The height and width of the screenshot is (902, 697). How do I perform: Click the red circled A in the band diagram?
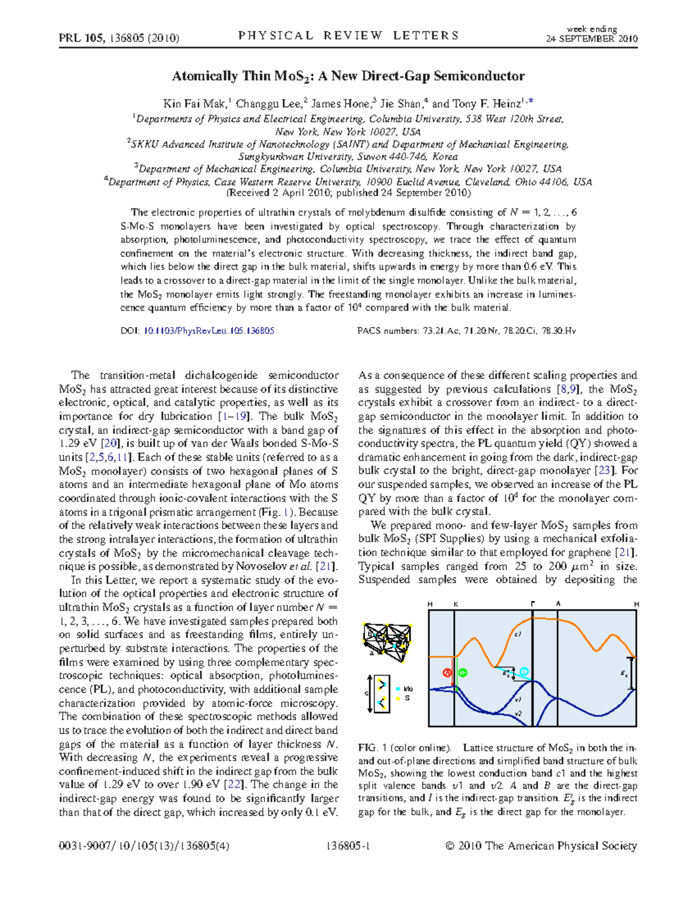[447, 673]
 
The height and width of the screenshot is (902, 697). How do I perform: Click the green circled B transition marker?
[463, 673]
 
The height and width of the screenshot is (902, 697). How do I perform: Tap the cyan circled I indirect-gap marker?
[524, 671]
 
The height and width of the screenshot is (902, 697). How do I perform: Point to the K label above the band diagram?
[456, 604]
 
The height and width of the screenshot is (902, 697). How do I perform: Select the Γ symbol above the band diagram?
[533, 604]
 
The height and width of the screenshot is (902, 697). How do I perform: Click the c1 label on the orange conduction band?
[518, 634]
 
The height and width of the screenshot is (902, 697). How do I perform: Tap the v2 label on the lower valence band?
[518, 713]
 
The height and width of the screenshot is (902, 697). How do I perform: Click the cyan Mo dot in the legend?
[398, 689]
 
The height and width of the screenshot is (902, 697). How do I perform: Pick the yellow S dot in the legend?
[398, 698]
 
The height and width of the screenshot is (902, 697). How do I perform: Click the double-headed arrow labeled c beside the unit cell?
[371, 693]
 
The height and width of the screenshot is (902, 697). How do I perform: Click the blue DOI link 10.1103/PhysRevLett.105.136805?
[209, 331]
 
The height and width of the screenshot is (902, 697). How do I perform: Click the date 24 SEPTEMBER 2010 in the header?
[592, 39]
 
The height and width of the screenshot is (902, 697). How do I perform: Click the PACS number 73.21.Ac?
[441, 331]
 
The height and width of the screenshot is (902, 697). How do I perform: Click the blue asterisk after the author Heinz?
[530, 102]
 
